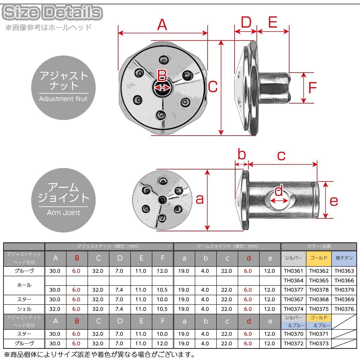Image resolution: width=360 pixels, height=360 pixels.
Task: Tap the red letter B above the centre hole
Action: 162,75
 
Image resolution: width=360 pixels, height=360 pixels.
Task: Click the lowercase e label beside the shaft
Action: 334,201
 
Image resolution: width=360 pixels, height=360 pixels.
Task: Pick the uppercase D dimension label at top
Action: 246,22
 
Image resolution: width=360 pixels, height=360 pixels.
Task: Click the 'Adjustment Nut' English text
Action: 63,99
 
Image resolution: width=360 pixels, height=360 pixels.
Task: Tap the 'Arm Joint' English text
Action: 63,213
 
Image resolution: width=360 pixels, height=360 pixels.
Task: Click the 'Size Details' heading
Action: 52,12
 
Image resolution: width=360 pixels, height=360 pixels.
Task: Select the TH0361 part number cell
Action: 293,271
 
